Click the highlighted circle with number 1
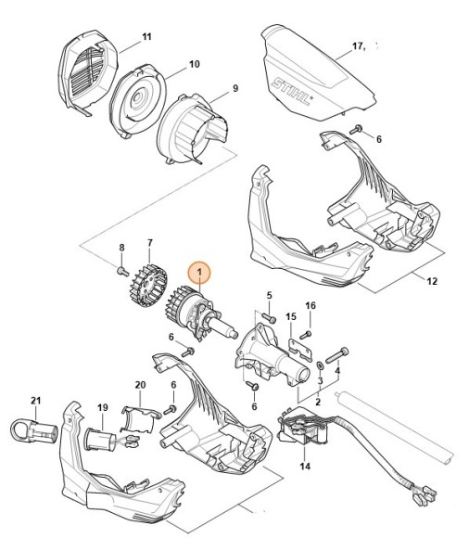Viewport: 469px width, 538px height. (199, 275)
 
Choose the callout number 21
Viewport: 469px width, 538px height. (36, 400)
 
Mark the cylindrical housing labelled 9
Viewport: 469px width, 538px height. (191, 131)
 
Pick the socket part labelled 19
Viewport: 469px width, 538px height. (99, 437)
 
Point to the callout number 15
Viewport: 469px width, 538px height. (291, 317)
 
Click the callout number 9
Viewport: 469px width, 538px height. (235, 88)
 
